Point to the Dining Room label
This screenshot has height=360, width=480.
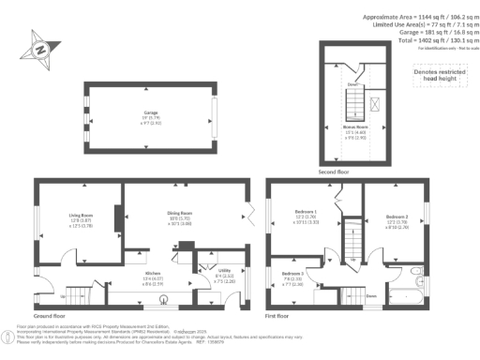[180, 218]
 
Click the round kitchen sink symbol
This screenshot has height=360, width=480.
[166, 301]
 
